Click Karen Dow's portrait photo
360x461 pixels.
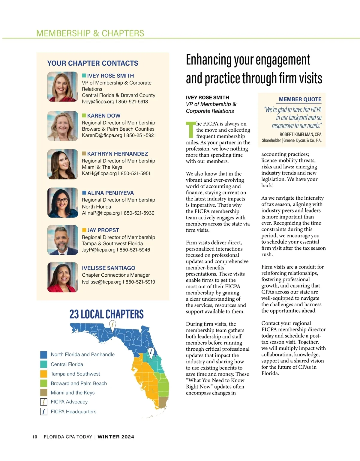coord(63,126)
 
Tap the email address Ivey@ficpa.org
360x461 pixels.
coord(98,102)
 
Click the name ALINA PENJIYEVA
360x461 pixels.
coord(110,193)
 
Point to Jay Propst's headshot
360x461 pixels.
coord(63,240)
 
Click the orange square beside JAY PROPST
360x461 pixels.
coord(84,230)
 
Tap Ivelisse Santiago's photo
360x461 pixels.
coord(63,277)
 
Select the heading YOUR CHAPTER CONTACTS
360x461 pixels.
coord(93,63)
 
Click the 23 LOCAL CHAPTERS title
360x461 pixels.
coord(106,314)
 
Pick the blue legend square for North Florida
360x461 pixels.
coord(44,355)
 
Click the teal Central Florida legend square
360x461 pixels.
coord(44,364)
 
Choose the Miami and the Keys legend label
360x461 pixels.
coord(73,393)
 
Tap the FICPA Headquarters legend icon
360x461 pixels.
coord(44,412)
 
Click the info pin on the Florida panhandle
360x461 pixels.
coord(112,324)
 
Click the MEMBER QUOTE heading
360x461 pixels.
coord(300,99)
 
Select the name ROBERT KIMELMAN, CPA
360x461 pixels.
coord(300,135)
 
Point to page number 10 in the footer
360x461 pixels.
coord(35,437)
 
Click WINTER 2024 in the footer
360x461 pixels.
coord(116,437)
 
